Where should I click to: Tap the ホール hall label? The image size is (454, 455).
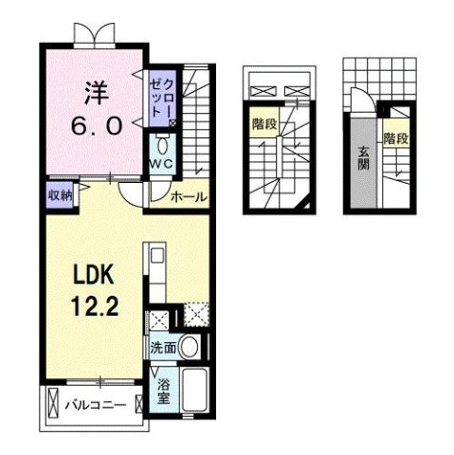click(x=189, y=197)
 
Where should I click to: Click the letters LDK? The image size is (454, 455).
click(x=92, y=275)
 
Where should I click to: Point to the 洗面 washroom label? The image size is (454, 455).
click(x=162, y=348)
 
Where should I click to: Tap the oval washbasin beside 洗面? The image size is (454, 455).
click(x=191, y=347)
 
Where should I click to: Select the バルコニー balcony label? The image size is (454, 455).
click(x=95, y=406)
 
